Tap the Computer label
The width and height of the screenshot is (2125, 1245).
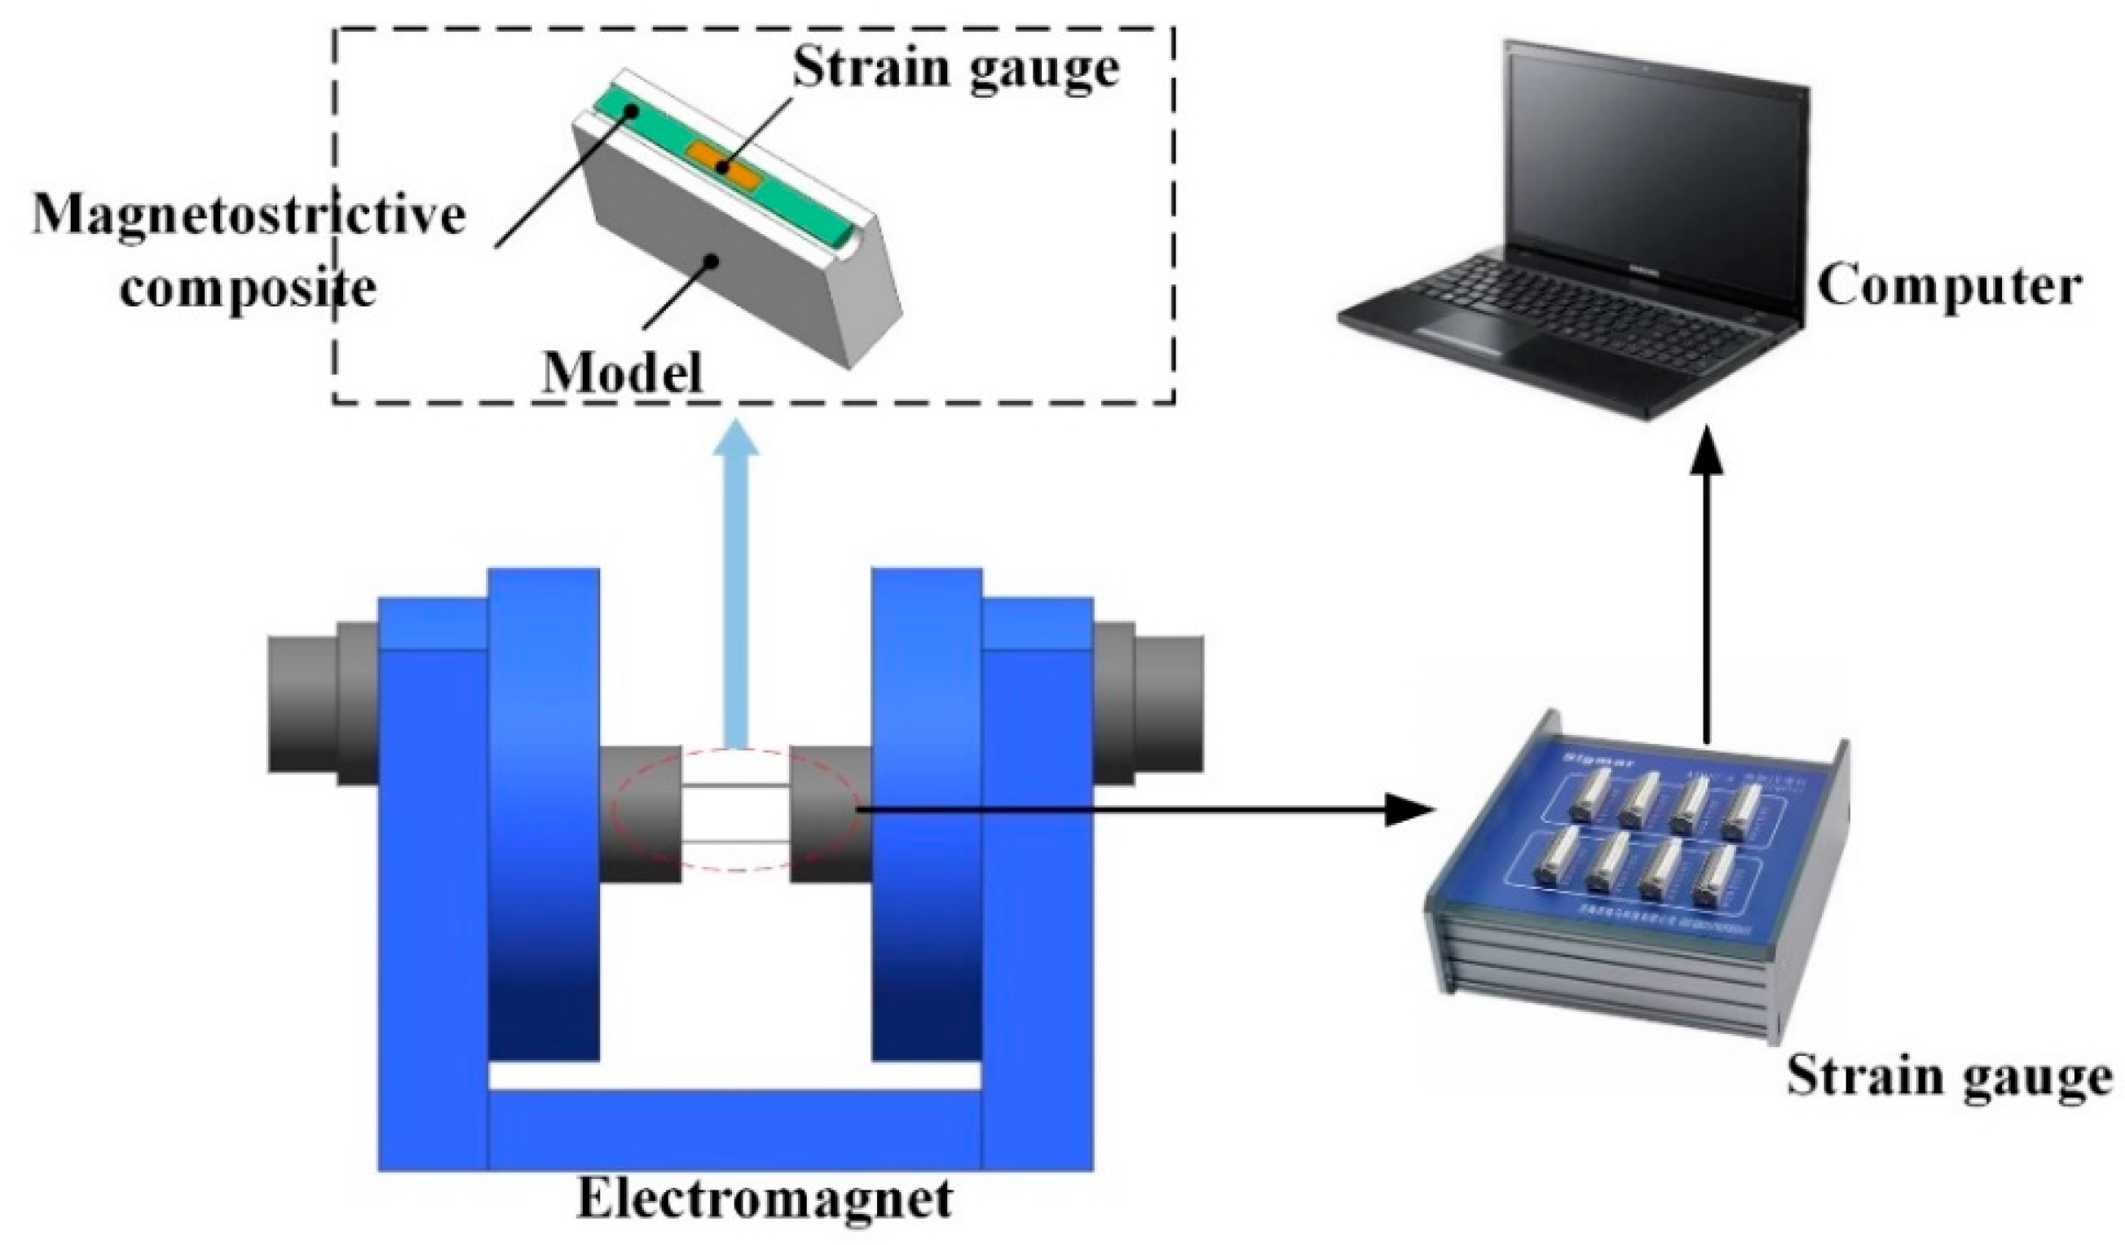tap(1948, 288)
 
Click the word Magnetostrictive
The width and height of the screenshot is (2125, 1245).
tap(249, 217)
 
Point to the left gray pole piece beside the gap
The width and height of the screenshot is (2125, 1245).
tap(639, 813)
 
